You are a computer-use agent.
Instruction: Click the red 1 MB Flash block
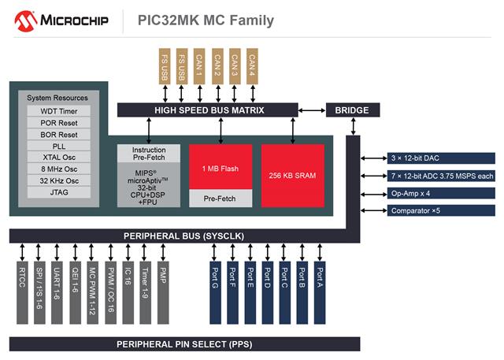[220, 167]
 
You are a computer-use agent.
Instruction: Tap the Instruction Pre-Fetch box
[149, 154]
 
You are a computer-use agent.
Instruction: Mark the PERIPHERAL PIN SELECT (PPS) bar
[184, 344]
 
